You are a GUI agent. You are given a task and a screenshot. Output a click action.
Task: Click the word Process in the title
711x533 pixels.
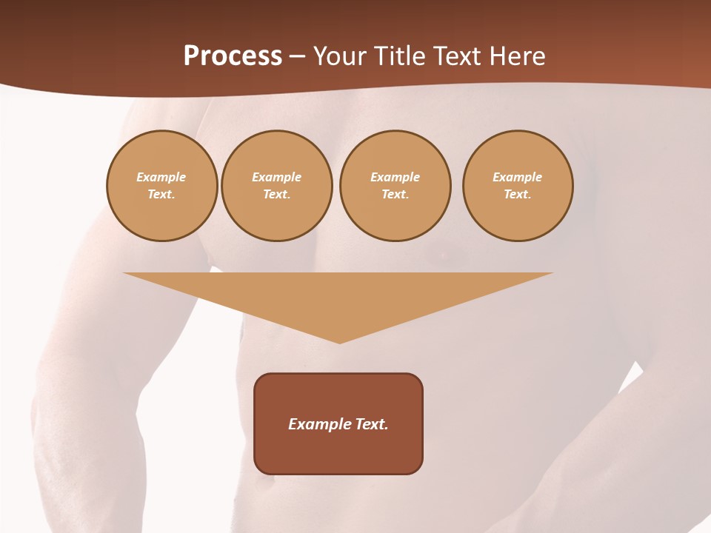coord(233,56)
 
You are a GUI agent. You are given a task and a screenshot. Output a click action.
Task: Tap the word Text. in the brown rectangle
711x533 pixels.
coord(373,424)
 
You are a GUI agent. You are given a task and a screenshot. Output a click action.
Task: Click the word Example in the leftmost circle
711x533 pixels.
coord(161,177)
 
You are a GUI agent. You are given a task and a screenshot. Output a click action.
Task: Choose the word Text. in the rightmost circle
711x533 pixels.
coord(518,194)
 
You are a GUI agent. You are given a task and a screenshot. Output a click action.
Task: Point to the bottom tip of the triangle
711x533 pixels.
coord(339,341)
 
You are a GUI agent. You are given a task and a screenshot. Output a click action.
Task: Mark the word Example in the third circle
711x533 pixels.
coord(395,177)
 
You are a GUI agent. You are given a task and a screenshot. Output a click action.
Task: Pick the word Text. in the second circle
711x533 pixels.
coord(277,194)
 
